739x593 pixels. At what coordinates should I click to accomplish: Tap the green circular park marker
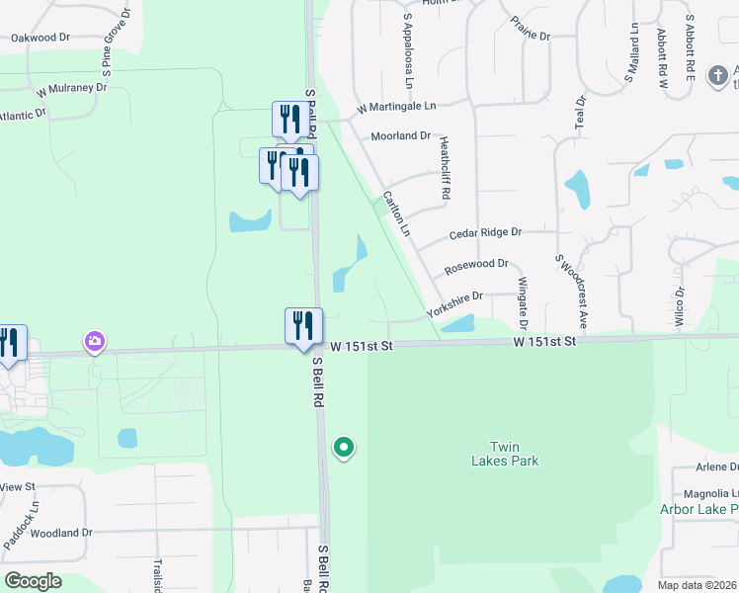(343, 449)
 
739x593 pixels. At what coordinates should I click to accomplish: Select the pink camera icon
(95, 342)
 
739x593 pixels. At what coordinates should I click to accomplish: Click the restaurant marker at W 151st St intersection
(303, 326)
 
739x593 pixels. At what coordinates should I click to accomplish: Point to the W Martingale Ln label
(396, 106)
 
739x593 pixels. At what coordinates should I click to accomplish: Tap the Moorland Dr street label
(400, 135)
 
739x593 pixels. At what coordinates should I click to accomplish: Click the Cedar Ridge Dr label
(484, 233)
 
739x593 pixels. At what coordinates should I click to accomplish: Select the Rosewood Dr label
(476, 265)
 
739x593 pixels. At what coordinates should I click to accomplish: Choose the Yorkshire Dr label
(454, 303)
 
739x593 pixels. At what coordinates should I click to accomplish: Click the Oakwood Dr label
(41, 38)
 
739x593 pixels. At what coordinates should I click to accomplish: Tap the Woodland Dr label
(61, 533)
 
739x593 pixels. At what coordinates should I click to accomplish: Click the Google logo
(33, 581)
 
